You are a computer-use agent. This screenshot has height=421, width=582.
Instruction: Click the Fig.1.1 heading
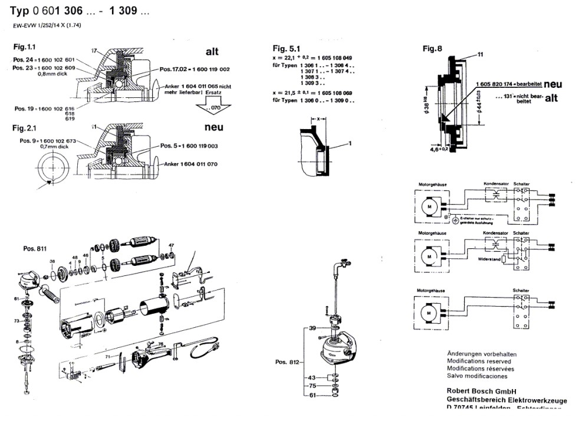point(25,46)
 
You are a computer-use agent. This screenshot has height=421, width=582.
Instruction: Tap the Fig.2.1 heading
point(25,127)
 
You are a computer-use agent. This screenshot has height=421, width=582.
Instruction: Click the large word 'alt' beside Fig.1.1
point(212,51)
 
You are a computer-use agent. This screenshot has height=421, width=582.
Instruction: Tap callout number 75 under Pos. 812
point(313,386)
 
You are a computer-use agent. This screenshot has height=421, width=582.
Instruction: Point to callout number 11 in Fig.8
point(480,54)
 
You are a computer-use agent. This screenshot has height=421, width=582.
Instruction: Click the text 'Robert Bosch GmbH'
point(482,390)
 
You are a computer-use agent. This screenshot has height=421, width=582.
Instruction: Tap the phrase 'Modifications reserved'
point(479,360)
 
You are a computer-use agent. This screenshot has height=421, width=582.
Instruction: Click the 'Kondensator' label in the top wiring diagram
point(495,183)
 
